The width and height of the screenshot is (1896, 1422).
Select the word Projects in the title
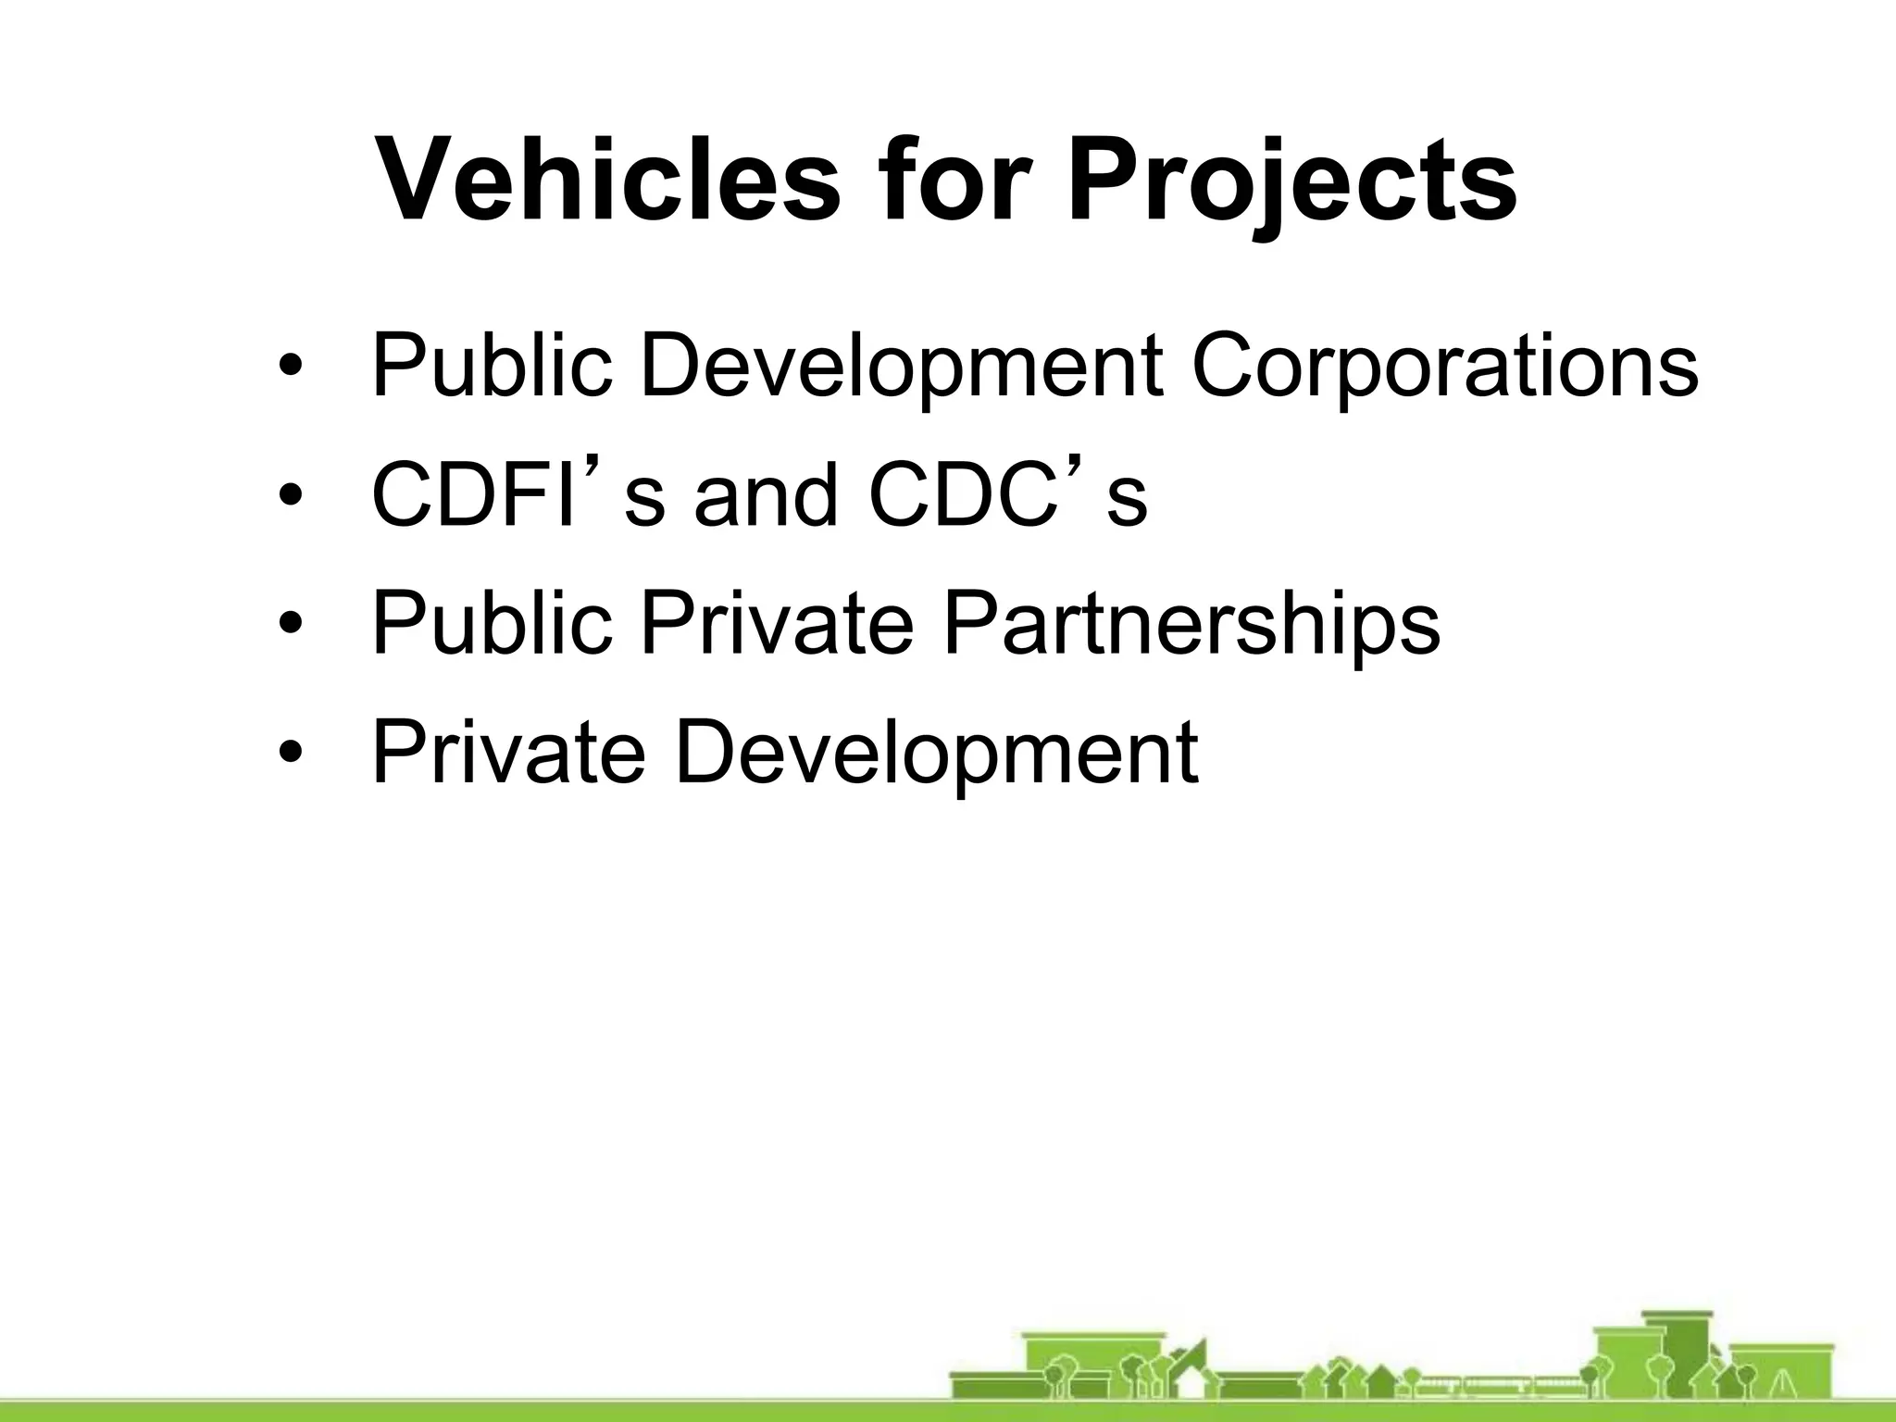point(1291,181)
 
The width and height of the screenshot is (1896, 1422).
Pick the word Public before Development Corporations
point(492,366)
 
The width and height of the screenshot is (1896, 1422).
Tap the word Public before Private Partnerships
point(492,622)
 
